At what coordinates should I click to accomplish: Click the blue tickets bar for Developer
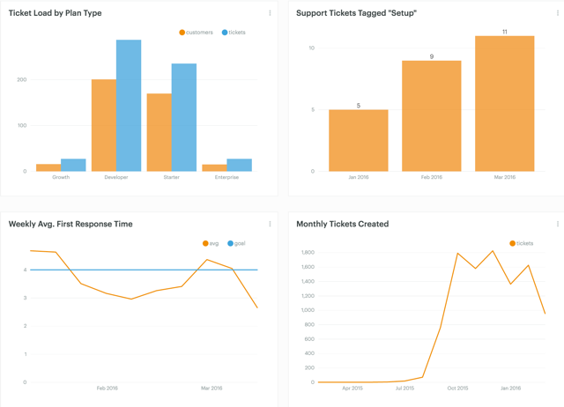point(129,106)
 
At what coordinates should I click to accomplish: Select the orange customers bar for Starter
point(159,132)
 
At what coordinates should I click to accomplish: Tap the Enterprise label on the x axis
point(226,177)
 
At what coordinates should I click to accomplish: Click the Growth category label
point(61,177)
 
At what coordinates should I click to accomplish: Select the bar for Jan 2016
point(358,141)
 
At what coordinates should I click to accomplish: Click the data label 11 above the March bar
point(504,32)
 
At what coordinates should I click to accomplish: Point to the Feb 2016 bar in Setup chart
point(431,116)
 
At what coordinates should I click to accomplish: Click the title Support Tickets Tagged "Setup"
point(356,13)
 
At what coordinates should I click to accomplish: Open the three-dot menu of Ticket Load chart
point(270,13)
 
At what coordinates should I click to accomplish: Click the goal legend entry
point(236,243)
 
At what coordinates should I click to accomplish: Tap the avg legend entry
point(211,243)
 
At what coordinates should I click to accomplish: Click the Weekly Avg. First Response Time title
point(70,224)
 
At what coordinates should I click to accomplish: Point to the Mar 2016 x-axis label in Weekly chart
point(211,388)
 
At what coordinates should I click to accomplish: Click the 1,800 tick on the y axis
point(308,253)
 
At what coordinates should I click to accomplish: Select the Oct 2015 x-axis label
point(457,388)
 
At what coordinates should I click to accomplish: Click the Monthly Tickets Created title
point(342,224)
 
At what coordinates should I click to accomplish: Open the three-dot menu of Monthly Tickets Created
point(557,224)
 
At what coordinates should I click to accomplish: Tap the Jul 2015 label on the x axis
point(404,388)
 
